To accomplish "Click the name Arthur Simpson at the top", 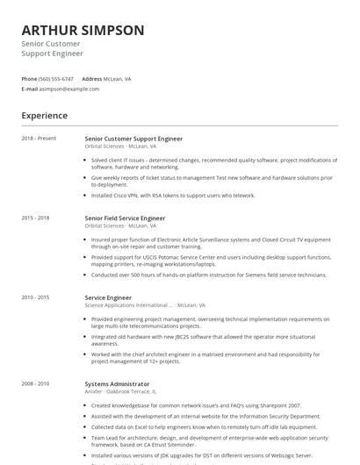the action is click(x=83, y=31).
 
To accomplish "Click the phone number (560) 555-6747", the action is click(x=57, y=79).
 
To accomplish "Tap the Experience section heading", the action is click(x=45, y=116).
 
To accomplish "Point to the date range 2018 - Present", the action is click(x=39, y=139).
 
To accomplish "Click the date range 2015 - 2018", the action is click(x=36, y=218).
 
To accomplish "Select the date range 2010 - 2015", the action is click(x=36, y=297).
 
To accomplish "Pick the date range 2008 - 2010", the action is click(x=36, y=383).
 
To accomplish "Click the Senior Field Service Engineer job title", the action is click(x=125, y=218).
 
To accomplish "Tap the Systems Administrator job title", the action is click(x=117, y=383).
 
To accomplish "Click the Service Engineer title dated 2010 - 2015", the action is click(x=108, y=297).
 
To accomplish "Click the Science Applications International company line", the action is click(x=140, y=305).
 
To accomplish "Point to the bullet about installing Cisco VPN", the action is click(x=173, y=196).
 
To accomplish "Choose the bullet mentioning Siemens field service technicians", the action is click(x=210, y=275).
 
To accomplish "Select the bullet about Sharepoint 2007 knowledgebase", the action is click(x=195, y=405).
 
